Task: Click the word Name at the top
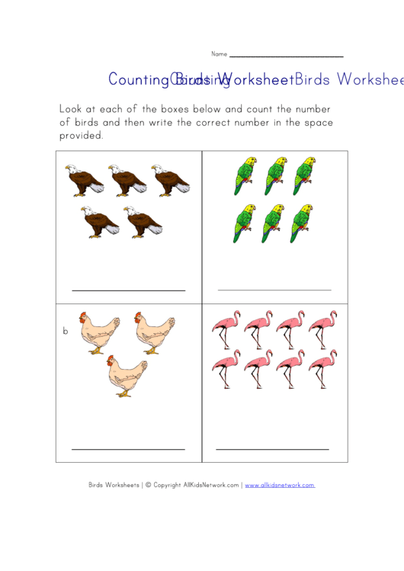(x=219, y=54)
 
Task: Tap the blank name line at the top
(x=286, y=56)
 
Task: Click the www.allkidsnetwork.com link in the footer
(x=280, y=485)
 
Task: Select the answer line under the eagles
(x=128, y=290)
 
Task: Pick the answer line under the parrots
(x=274, y=290)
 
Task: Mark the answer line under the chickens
(x=128, y=449)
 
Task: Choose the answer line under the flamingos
(x=273, y=449)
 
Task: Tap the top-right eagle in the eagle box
(x=169, y=181)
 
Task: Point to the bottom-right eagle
(x=143, y=221)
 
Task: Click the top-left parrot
(x=245, y=176)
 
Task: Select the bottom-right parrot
(x=302, y=223)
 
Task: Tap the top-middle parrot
(x=274, y=176)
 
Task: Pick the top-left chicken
(x=96, y=333)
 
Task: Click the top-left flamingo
(x=226, y=329)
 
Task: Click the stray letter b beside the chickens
(x=66, y=332)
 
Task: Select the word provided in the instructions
(x=81, y=136)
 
